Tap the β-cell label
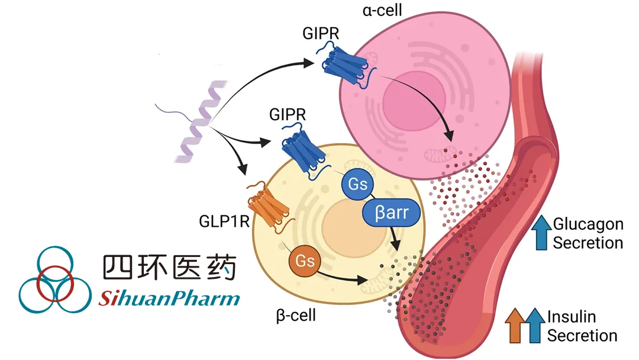[296, 314]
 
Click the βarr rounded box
[392, 212]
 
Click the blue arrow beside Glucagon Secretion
[541, 232]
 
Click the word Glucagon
[588, 224]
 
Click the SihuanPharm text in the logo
[169, 297]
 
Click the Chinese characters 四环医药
[169, 267]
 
